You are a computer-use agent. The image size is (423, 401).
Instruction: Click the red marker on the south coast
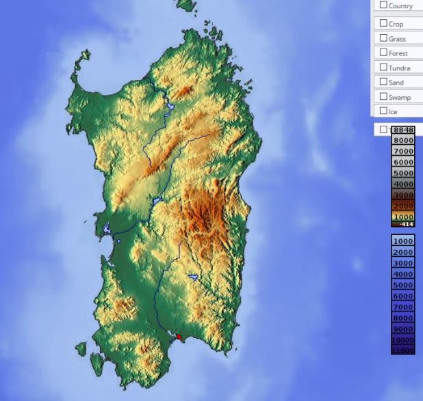(179, 336)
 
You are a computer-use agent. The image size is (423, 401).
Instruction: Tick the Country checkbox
(384, 5)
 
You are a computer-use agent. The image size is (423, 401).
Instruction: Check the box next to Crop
(384, 23)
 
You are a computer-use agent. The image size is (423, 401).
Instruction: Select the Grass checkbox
(384, 38)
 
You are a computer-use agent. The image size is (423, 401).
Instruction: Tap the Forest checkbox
(384, 53)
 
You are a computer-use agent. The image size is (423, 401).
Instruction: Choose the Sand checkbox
(384, 82)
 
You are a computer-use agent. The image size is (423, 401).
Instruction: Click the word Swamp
(400, 97)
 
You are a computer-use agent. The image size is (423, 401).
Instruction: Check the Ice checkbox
(384, 111)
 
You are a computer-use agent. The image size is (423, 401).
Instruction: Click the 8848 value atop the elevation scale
(403, 130)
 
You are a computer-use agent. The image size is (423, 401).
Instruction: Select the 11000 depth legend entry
(403, 350)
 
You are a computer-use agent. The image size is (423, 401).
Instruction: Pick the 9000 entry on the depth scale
(403, 329)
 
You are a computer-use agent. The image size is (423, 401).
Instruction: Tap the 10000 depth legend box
(403, 340)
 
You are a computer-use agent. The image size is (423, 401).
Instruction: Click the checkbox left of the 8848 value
(384, 129)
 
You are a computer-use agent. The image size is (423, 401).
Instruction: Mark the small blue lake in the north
(168, 107)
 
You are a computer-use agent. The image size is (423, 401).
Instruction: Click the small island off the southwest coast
(81, 349)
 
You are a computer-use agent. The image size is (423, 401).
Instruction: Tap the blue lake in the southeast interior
(194, 277)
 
